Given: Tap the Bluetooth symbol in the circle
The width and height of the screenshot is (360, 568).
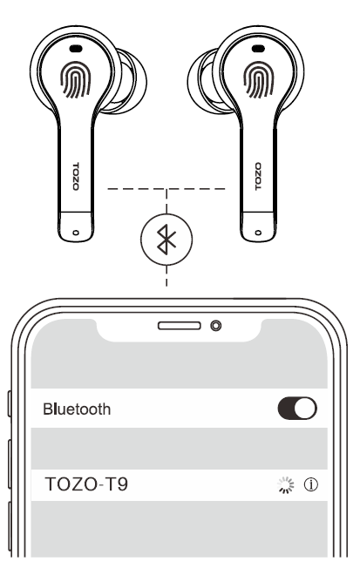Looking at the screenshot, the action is click(x=166, y=240).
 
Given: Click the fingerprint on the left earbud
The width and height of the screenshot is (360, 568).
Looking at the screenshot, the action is click(x=76, y=79).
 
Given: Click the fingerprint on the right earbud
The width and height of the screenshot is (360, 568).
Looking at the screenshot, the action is click(x=258, y=79).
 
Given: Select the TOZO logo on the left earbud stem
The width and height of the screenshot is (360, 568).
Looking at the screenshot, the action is click(x=76, y=177).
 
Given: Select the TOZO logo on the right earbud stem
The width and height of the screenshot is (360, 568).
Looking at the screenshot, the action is click(x=258, y=177).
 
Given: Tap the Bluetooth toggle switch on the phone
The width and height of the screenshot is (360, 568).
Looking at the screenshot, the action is click(x=297, y=409).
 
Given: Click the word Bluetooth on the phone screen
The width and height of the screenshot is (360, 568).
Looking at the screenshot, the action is click(x=77, y=409).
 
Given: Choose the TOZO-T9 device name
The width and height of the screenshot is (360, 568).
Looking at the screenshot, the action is click(x=86, y=484).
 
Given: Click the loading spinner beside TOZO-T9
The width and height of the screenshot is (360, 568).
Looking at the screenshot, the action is click(x=286, y=485).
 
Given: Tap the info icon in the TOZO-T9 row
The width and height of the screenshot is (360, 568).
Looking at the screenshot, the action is click(x=310, y=484).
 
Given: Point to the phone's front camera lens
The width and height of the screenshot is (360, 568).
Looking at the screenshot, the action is click(x=215, y=326).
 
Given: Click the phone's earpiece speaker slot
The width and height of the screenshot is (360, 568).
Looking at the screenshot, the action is click(x=179, y=326).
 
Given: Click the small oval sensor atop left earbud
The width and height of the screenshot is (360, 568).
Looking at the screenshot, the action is click(x=76, y=48).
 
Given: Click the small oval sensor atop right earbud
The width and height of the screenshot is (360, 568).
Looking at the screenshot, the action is click(x=258, y=48).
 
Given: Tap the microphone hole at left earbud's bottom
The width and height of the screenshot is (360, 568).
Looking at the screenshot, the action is click(x=76, y=233).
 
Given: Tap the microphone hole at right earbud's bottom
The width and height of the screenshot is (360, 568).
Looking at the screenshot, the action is click(x=258, y=233).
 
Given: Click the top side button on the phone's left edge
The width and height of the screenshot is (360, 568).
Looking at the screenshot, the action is click(x=10, y=403).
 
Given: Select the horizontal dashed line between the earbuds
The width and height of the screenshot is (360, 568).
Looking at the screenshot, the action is click(x=166, y=189).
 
